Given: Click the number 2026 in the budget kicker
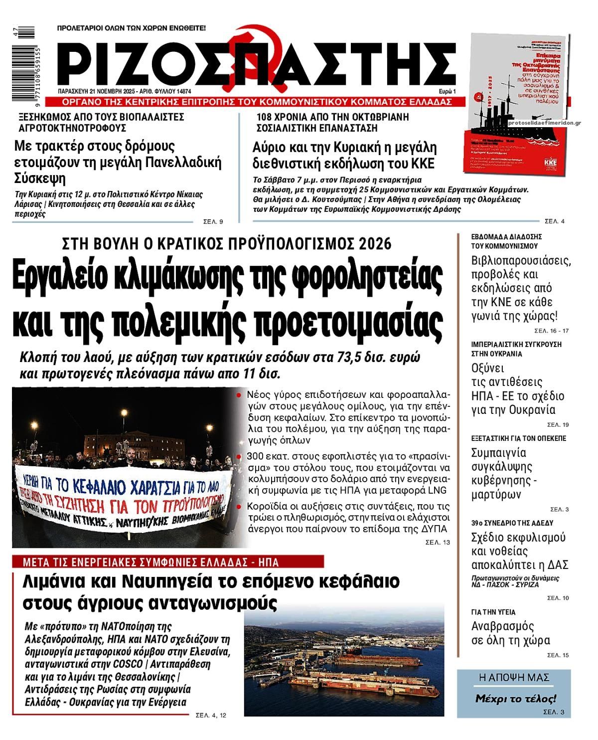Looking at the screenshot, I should coord(374,244).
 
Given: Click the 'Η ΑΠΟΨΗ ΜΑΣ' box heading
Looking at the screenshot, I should coord(513,677).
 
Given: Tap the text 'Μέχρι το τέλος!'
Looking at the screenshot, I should coord(515,698).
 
